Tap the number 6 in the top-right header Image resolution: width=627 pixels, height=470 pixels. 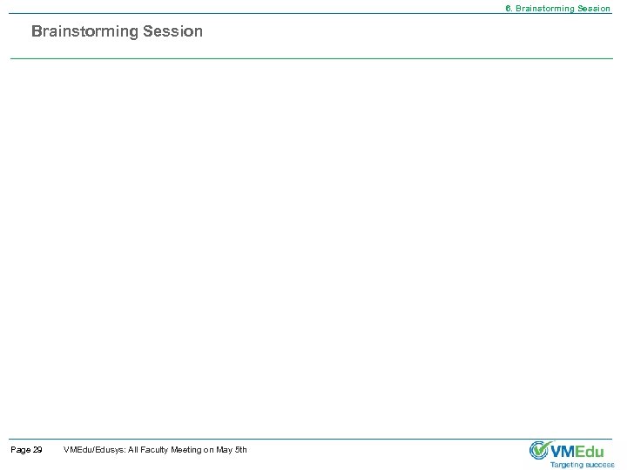click(509, 9)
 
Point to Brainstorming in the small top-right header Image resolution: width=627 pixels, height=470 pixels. click(543, 9)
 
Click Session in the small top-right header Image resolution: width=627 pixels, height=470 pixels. click(594, 9)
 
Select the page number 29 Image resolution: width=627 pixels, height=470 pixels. click(37, 449)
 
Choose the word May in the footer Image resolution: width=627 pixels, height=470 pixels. click(224, 449)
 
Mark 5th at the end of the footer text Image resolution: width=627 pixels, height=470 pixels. click(241, 449)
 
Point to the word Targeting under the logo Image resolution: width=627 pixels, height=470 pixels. click(566, 465)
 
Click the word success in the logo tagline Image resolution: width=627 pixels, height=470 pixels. click(600, 465)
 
